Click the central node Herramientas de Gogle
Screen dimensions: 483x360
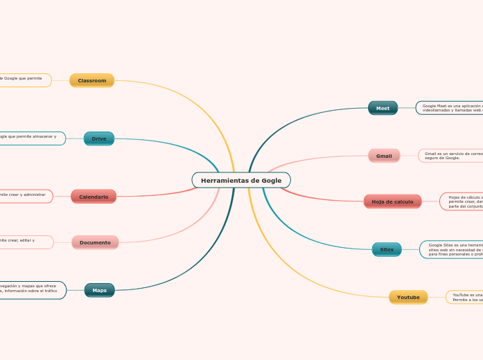click(x=241, y=180)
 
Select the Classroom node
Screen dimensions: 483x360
click(x=91, y=80)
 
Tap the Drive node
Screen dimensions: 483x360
click(x=99, y=138)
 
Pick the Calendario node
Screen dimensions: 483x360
click(x=94, y=197)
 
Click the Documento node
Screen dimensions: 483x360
click(x=95, y=242)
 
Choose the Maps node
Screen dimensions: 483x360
click(x=100, y=290)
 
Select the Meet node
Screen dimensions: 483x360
click(x=383, y=108)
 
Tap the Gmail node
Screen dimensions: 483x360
click(x=384, y=156)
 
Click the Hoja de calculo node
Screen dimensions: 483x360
click(x=392, y=201)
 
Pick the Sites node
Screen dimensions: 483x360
click(x=387, y=249)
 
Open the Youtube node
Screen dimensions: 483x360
click(x=408, y=297)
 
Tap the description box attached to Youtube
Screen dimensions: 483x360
click(x=465, y=297)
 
